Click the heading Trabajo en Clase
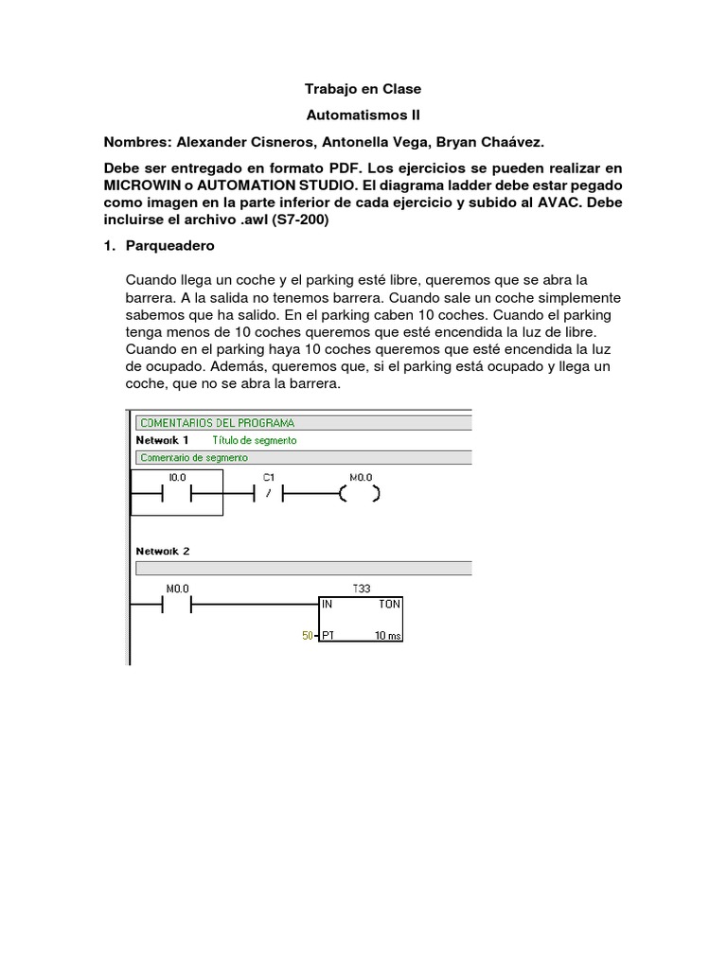pyautogui.click(x=363, y=89)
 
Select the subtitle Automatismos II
pyautogui.click(x=363, y=115)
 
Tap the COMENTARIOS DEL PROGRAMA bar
pyautogui.click(x=217, y=422)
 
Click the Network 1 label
pyautogui.click(x=163, y=440)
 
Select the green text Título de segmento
pyautogui.click(x=254, y=440)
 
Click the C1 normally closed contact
pyautogui.click(x=269, y=493)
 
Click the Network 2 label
pyautogui.click(x=163, y=551)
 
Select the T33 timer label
pyautogui.click(x=362, y=588)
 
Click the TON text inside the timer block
pyautogui.click(x=389, y=603)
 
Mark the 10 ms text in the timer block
pyautogui.click(x=387, y=636)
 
